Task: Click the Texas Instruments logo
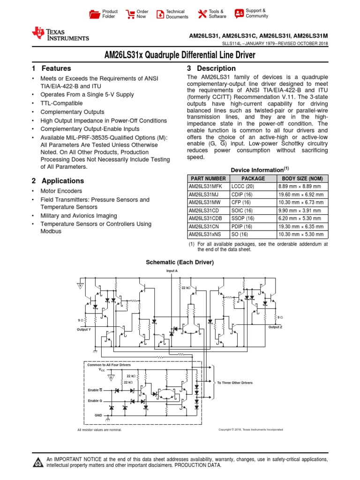pyautogui.click(x=60, y=34)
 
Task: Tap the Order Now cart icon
pyautogui.click(x=130, y=14)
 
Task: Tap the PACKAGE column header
pyautogui.click(x=253, y=179)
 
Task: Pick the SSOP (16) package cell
pyautogui.click(x=243, y=218)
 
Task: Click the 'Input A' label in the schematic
pyautogui.click(x=172, y=271)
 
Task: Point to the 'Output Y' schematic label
pyautogui.click(x=84, y=330)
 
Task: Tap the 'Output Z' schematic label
pyautogui.click(x=275, y=327)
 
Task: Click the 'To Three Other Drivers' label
pyautogui.click(x=235, y=383)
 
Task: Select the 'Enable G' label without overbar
pyautogui.click(x=95, y=401)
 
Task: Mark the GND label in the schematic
pyautogui.click(x=98, y=415)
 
